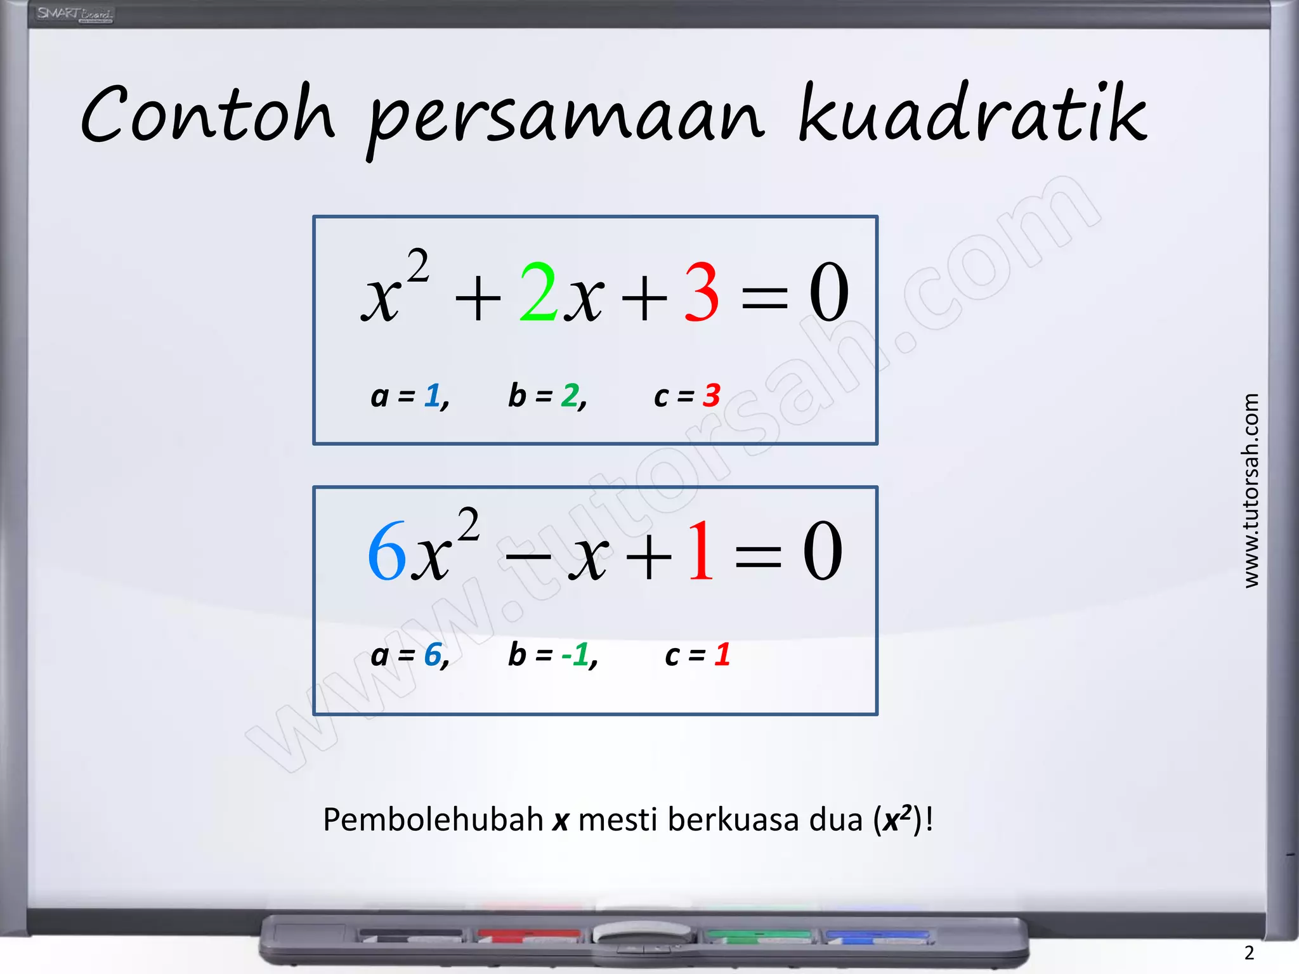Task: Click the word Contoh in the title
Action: (208, 114)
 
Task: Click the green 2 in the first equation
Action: (538, 292)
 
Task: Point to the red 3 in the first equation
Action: (702, 292)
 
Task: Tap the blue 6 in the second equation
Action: (386, 551)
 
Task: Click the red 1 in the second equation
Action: (701, 551)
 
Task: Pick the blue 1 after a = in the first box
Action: (433, 396)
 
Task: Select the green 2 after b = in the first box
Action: (570, 396)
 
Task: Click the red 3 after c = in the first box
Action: (712, 396)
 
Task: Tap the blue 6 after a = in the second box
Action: (433, 654)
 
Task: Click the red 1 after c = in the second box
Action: (722, 654)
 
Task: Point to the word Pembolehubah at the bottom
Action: (433, 819)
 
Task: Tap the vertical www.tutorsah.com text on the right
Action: (1251, 491)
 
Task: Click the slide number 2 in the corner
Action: (1249, 952)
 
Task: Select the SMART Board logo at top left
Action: (74, 14)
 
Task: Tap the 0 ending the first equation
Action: (828, 292)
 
